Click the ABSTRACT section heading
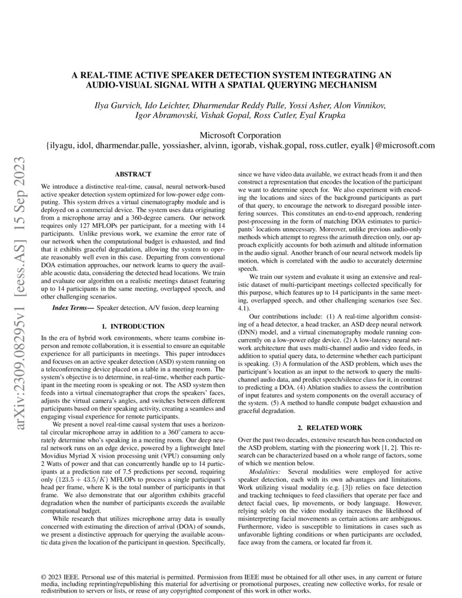(133, 174)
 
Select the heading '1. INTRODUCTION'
(133, 326)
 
